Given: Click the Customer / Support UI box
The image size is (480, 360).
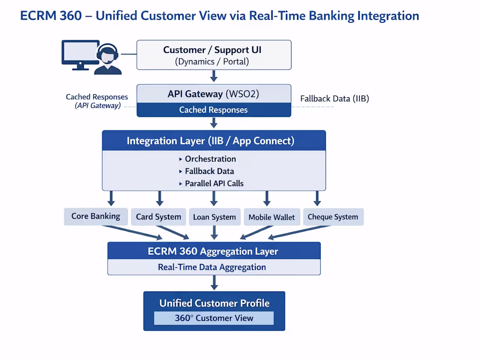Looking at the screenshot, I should click(214, 55).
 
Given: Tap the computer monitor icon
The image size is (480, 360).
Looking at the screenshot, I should click(80, 54).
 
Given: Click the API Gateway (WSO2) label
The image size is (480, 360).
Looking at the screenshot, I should click(214, 94).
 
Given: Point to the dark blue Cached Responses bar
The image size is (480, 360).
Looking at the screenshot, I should click(214, 110).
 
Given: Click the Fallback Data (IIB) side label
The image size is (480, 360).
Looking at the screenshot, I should click(334, 99).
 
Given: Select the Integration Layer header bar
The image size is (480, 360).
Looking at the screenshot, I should click(214, 141).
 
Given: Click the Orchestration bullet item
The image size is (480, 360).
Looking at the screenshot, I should click(210, 159).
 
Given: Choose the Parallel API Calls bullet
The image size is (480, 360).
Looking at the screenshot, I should click(214, 183).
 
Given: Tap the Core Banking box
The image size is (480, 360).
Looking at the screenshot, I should click(96, 216).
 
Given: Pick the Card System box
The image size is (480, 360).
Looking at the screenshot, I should click(158, 217).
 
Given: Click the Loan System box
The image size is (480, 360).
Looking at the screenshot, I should click(214, 217).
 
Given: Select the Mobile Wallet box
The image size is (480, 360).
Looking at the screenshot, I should click(271, 217).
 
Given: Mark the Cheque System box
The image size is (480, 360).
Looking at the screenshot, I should click(333, 217).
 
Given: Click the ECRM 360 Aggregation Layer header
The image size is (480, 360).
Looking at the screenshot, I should click(214, 251).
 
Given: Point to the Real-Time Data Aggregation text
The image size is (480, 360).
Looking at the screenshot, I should click(212, 267).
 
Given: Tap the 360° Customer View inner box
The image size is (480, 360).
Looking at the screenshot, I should click(214, 318).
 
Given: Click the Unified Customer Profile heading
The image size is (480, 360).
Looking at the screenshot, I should click(214, 303).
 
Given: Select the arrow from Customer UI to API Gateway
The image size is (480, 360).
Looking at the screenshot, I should click(214, 77).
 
